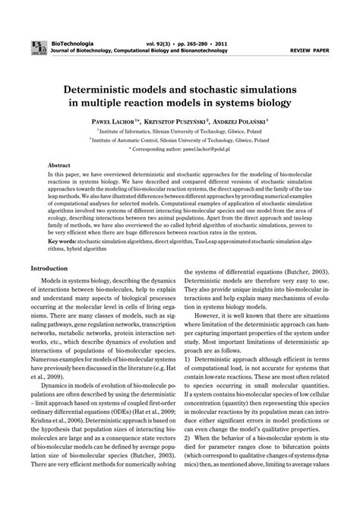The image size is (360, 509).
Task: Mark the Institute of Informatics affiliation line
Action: pyautogui.click(x=182, y=130)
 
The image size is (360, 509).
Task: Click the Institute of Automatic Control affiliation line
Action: pyautogui.click(x=182, y=140)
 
